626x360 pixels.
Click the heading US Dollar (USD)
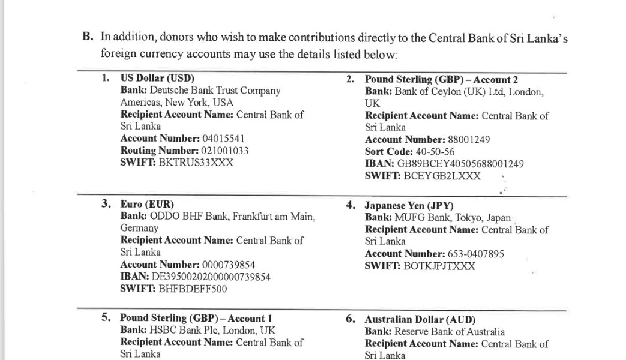[157, 79]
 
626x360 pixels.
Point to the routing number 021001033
[219, 151]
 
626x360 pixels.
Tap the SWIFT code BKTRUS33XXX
[195, 162]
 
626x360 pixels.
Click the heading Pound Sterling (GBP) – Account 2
[441, 80]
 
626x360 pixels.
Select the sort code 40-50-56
[435, 152]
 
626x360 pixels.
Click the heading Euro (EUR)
[147, 204]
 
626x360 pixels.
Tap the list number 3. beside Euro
[106, 204]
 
